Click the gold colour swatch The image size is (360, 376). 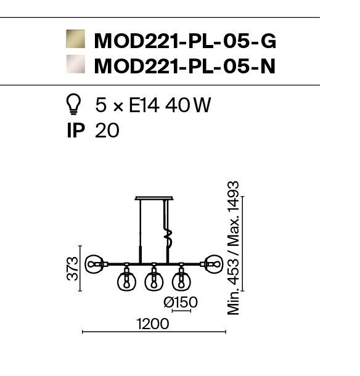76,39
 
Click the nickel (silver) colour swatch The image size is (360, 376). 76,64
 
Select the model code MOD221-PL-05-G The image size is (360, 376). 185,41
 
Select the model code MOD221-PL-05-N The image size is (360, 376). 185,66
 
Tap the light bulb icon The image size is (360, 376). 73,104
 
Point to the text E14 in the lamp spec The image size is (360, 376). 144,105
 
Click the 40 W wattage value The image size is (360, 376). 188,105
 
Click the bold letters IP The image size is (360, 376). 76,131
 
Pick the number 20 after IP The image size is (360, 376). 107,131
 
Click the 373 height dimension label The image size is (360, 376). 73,269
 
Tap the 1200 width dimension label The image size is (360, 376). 152,324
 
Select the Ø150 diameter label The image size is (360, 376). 181,302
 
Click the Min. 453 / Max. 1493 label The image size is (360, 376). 234,248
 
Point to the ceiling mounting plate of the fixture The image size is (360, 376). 154,198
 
